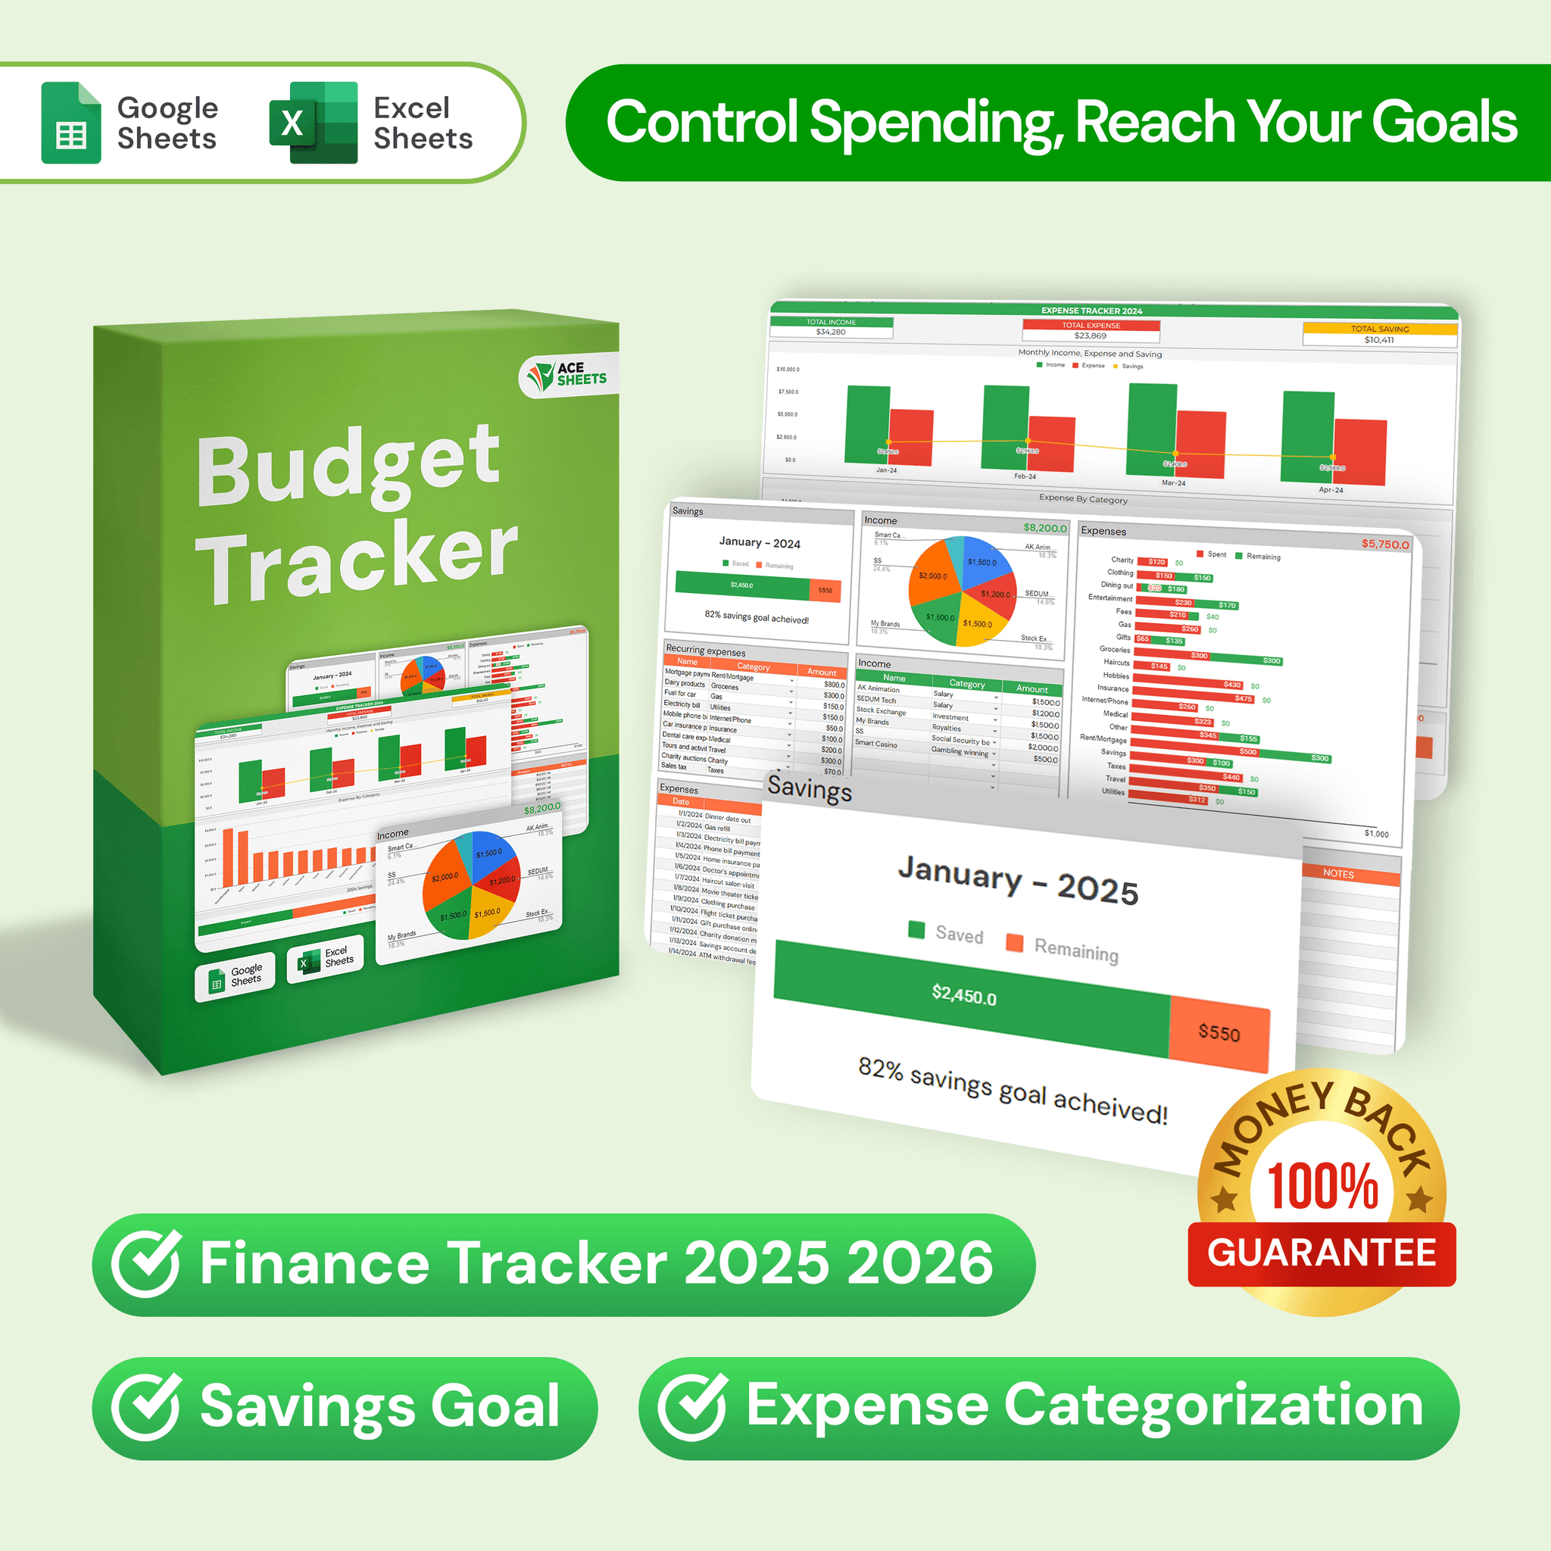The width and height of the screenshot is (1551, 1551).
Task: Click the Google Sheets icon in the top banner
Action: coord(70,123)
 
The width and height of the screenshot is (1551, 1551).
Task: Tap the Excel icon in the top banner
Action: coord(313,123)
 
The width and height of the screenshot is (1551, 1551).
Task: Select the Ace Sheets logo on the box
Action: coord(569,374)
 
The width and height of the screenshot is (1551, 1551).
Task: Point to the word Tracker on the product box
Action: coord(357,560)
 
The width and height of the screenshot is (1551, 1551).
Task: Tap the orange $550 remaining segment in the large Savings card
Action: coord(1219,1033)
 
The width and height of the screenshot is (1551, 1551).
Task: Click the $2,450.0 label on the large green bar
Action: coord(963,995)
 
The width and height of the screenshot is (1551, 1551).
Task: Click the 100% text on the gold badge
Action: coord(1322,1185)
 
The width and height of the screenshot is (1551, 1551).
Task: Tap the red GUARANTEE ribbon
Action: coord(1322,1253)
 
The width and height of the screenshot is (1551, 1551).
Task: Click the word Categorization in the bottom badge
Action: coord(1213,1406)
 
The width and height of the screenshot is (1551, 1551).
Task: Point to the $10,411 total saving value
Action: coord(1378,339)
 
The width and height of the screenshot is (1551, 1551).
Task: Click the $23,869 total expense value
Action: coord(1091,335)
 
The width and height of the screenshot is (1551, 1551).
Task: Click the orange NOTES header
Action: coord(1338,873)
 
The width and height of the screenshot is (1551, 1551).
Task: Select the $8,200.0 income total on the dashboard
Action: coord(1044,527)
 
